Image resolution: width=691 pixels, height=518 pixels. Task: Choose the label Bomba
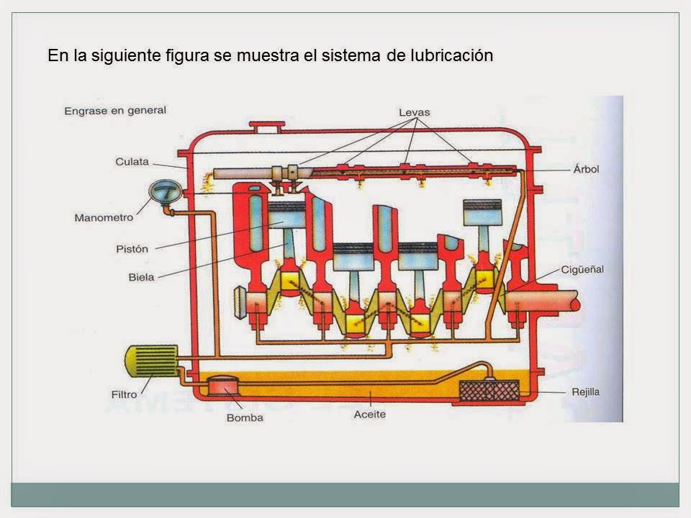click(x=245, y=417)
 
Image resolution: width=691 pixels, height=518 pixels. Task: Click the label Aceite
click(x=371, y=414)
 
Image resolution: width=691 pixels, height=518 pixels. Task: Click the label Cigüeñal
click(x=582, y=269)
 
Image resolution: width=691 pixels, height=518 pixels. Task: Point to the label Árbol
click(x=587, y=169)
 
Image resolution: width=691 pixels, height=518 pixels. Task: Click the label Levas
click(x=415, y=112)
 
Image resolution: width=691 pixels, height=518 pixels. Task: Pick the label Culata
click(x=132, y=162)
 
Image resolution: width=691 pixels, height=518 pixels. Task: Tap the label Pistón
click(x=132, y=249)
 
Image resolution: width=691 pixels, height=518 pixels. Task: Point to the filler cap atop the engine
click(x=267, y=128)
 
